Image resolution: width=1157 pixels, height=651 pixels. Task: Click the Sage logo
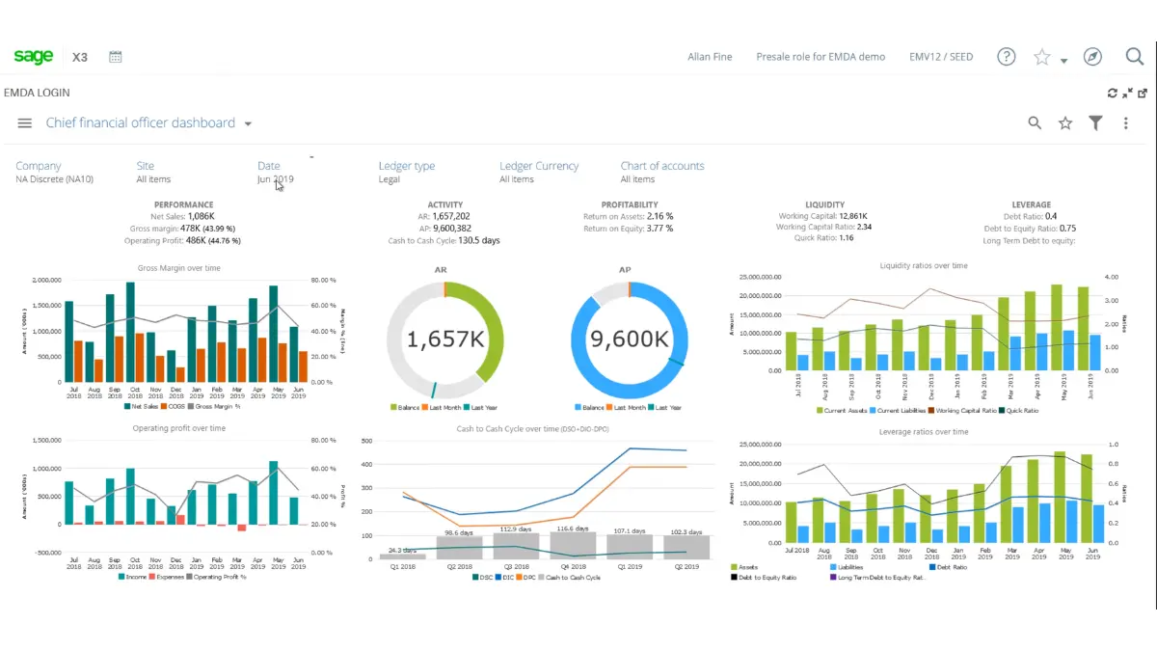(34, 57)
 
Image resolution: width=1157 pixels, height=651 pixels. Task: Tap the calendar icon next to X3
(116, 57)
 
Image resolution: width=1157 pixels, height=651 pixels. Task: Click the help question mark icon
(1007, 57)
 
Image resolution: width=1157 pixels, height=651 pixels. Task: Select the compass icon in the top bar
(1092, 57)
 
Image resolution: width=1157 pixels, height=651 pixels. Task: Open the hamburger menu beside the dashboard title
(25, 123)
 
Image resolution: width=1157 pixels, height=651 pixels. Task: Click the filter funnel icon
(1095, 123)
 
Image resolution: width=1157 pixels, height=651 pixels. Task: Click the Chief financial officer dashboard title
(141, 123)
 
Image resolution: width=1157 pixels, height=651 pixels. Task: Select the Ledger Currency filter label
(539, 166)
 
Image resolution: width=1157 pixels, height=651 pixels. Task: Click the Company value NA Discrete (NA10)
(54, 179)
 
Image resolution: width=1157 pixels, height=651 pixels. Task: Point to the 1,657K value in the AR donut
(444, 339)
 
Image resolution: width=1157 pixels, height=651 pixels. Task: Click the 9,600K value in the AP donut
(629, 339)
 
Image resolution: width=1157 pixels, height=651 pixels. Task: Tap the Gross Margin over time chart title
(179, 268)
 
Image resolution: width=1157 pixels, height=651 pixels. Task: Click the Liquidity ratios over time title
(923, 265)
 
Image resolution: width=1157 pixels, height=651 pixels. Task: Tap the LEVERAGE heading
(1031, 205)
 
